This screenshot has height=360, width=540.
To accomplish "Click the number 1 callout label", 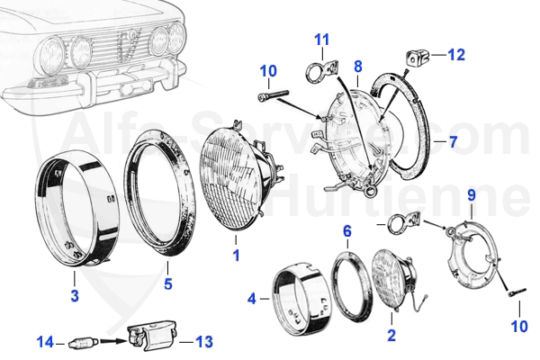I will coord(236,256).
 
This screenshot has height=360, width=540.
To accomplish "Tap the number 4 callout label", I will coord(252,298).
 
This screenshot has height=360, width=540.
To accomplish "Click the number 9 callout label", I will coord(471,193).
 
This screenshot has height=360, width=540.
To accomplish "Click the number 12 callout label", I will coord(457,55).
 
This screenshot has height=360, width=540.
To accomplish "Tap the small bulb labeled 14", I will coord(79,342).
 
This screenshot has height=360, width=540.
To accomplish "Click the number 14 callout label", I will coord(45,342).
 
